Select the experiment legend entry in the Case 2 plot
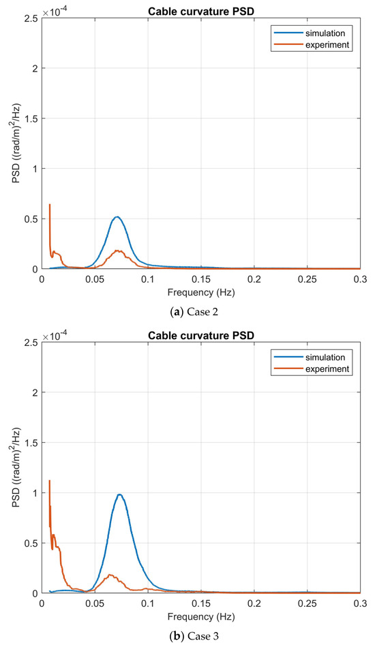click(x=326, y=44)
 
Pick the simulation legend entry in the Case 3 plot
click(x=326, y=356)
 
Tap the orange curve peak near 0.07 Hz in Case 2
click(x=117, y=251)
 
